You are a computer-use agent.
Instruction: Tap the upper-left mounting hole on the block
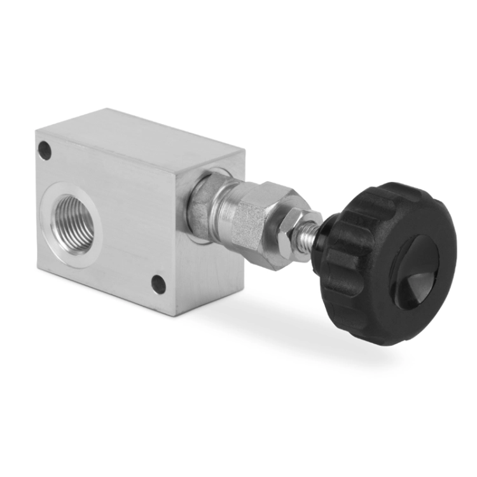point(44,151)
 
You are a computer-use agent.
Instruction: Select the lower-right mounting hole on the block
point(158,284)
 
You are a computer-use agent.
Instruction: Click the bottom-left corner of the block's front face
point(38,266)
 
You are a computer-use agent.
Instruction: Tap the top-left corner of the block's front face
point(36,130)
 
